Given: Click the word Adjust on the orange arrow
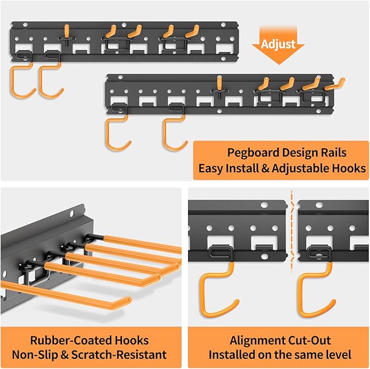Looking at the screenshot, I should [278, 43].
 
